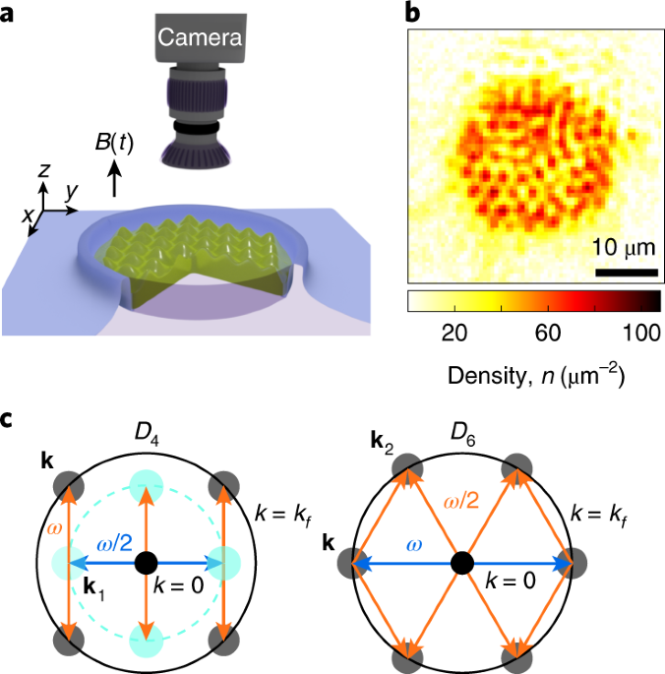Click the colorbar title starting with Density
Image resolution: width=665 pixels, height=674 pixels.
[x=532, y=374]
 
